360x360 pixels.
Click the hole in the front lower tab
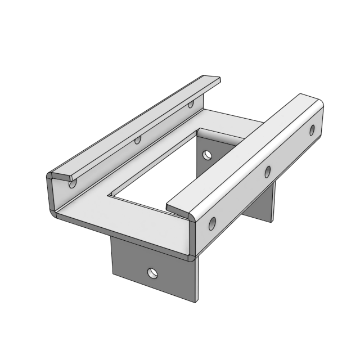click(152, 273)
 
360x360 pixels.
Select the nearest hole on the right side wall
click(212, 224)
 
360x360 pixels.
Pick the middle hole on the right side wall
click(268, 171)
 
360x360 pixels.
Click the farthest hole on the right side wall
click(312, 130)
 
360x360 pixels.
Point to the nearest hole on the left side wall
click(72, 182)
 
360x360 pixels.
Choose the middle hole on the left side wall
click(137, 139)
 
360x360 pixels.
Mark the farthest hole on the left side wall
click(191, 104)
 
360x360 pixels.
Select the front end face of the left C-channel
click(51, 194)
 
